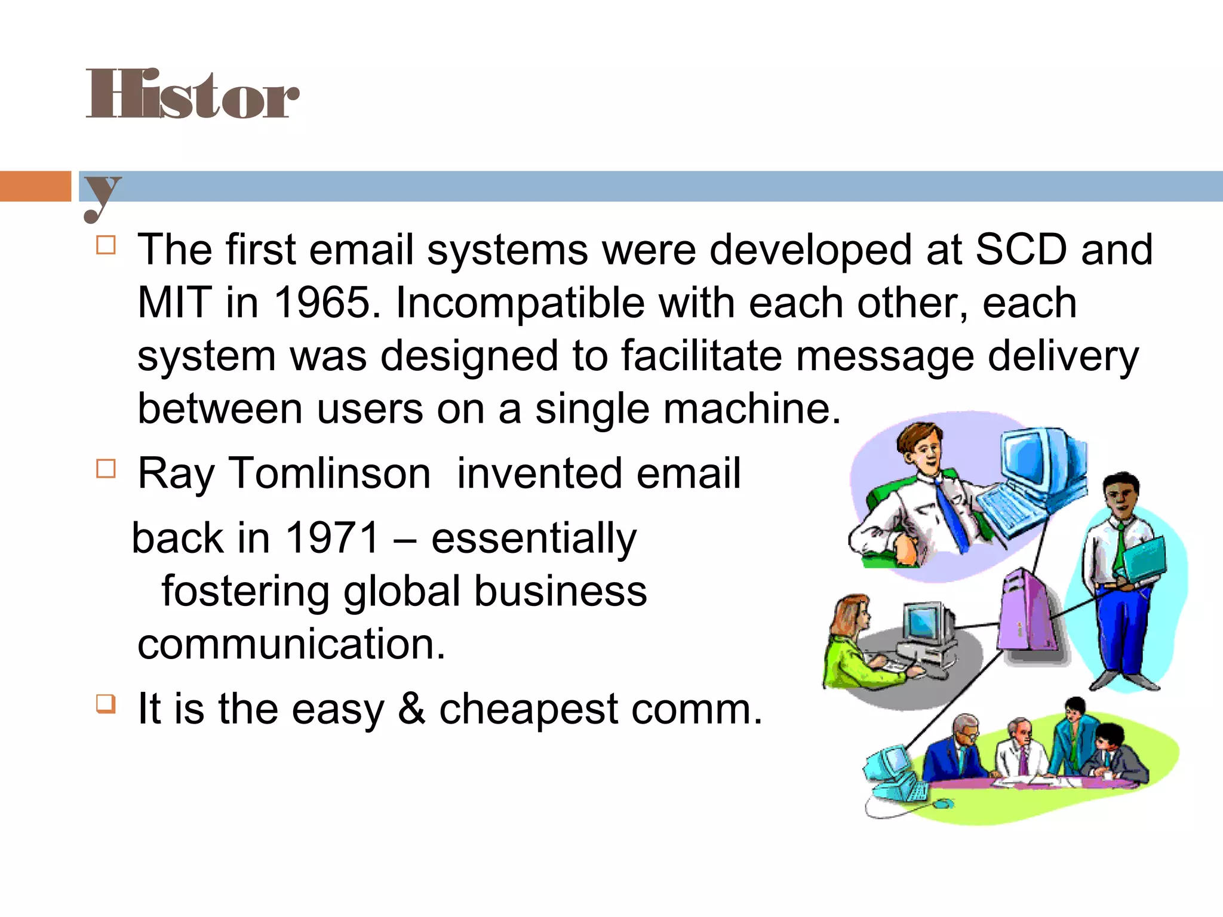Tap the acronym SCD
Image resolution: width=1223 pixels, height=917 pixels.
pos(1021,250)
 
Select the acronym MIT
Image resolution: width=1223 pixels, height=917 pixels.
pos(174,303)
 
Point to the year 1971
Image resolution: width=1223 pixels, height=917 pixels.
pos(333,538)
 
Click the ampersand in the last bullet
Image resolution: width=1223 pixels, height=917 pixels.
pos(411,709)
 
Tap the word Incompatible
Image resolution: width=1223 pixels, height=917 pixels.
pos(520,303)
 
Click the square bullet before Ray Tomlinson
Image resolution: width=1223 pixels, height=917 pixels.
pos(106,469)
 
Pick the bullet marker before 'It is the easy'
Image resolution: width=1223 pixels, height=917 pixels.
pos(106,704)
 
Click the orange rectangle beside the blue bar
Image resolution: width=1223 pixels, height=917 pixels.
pos(35,186)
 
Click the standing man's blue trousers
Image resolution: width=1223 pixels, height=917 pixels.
pos(1123,633)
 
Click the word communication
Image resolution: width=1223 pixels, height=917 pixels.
pos(291,644)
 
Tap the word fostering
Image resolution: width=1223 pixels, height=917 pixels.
pos(245,591)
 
